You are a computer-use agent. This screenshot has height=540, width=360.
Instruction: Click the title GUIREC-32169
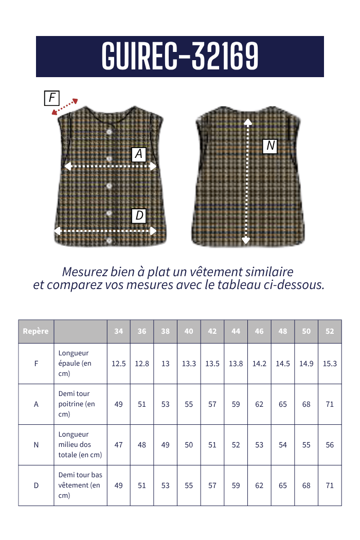pyautogui.click(x=180, y=56)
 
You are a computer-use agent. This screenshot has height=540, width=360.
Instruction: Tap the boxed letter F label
pyautogui.click(x=52, y=98)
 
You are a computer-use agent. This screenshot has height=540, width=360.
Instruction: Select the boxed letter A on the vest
pyautogui.click(x=139, y=154)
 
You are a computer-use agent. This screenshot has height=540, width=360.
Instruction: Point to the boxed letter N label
pyautogui.click(x=271, y=146)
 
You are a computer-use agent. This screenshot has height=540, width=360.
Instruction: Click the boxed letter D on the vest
pyautogui.click(x=139, y=215)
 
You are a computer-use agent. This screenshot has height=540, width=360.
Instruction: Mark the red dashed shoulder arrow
pyautogui.click(x=65, y=107)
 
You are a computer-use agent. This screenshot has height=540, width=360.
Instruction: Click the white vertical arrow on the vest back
pyautogui.click(x=247, y=180)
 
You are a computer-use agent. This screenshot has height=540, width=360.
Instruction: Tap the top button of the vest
pyautogui.click(x=109, y=132)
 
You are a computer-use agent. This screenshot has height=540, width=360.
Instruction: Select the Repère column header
pyautogui.click(x=36, y=331)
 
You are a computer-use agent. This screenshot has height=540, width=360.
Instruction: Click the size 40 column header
pyautogui.click(x=189, y=331)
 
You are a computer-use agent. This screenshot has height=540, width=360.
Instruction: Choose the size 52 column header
pyautogui.click(x=330, y=331)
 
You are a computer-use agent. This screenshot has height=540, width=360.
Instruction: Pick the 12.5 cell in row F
pyautogui.click(x=119, y=364)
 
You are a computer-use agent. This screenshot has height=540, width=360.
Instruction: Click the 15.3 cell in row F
pyautogui.click(x=330, y=364)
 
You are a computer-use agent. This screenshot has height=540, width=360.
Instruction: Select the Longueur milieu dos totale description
pyautogui.click(x=80, y=445)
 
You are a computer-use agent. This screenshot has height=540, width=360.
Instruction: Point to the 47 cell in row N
pyautogui.click(x=119, y=445)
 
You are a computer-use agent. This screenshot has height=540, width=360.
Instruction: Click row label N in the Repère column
pyautogui.click(x=36, y=445)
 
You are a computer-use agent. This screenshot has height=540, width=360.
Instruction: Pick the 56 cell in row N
pyautogui.click(x=330, y=445)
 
